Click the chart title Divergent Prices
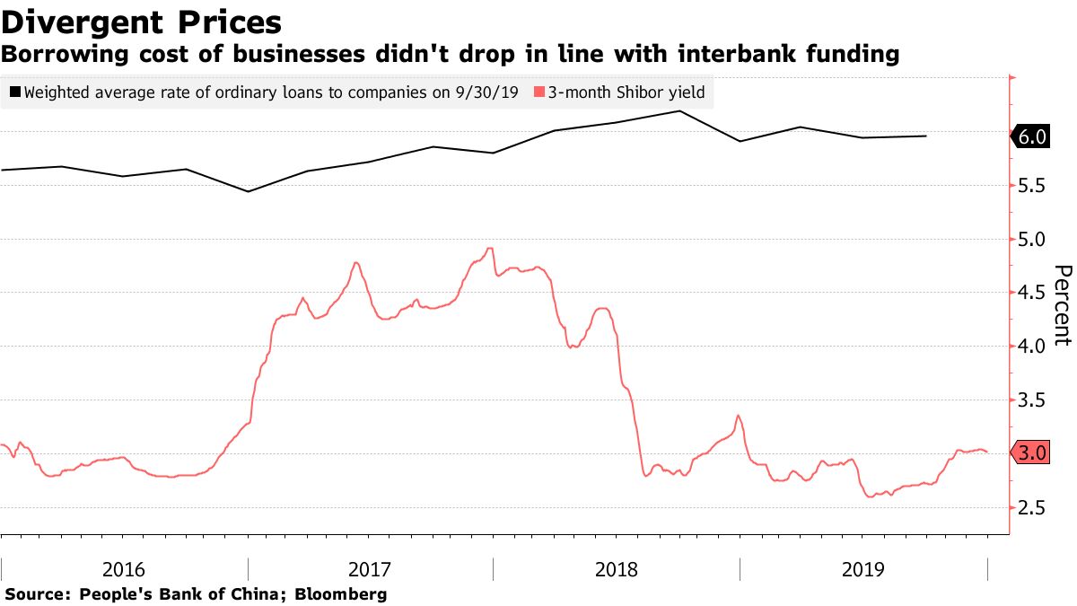pyautogui.click(x=141, y=22)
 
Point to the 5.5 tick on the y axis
pyautogui.click(x=1033, y=186)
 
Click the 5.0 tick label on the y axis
pyautogui.click(x=1033, y=240)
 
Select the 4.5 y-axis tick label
pyautogui.click(x=1033, y=293)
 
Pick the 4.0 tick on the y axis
pyautogui.click(x=1033, y=347)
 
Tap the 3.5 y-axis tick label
pyautogui.click(x=1033, y=400)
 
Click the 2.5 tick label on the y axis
pyautogui.click(x=1033, y=508)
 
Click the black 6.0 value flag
pyautogui.click(x=1032, y=137)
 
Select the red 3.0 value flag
pyautogui.click(x=1032, y=453)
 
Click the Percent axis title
pyautogui.click(x=1062, y=305)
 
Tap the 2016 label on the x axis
pyautogui.click(x=125, y=569)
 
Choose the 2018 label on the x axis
pyautogui.click(x=617, y=569)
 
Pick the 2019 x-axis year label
pyautogui.click(x=863, y=569)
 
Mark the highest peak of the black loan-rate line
pyautogui.click(x=679, y=111)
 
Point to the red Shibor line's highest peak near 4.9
pyautogui.click(x=490, y=249)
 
